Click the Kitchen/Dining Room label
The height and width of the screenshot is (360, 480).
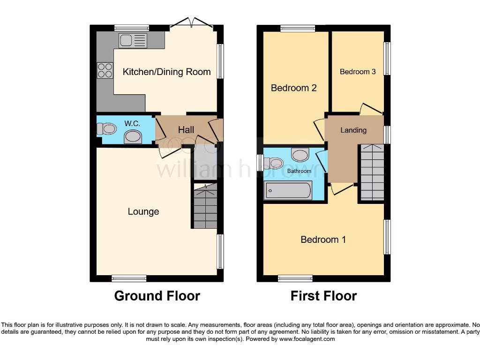[166, 72]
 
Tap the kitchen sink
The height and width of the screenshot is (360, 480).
[133, 41]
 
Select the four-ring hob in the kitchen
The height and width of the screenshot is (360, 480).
[105, 70]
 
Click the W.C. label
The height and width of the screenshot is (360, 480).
[132, 123]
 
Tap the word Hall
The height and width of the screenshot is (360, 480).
[186, 130]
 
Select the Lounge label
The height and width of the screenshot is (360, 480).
[143, 211]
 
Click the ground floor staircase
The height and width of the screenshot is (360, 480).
[205, 206]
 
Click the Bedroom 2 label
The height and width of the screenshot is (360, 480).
[294, 88]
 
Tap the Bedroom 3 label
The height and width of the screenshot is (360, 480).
[358, 72]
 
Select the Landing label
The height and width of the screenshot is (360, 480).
[353, 130]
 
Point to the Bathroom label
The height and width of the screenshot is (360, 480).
[299, 171]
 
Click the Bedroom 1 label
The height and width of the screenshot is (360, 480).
[323, 240]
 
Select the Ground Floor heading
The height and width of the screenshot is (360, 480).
[157, 296]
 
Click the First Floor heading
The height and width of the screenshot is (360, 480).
[323, 296]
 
